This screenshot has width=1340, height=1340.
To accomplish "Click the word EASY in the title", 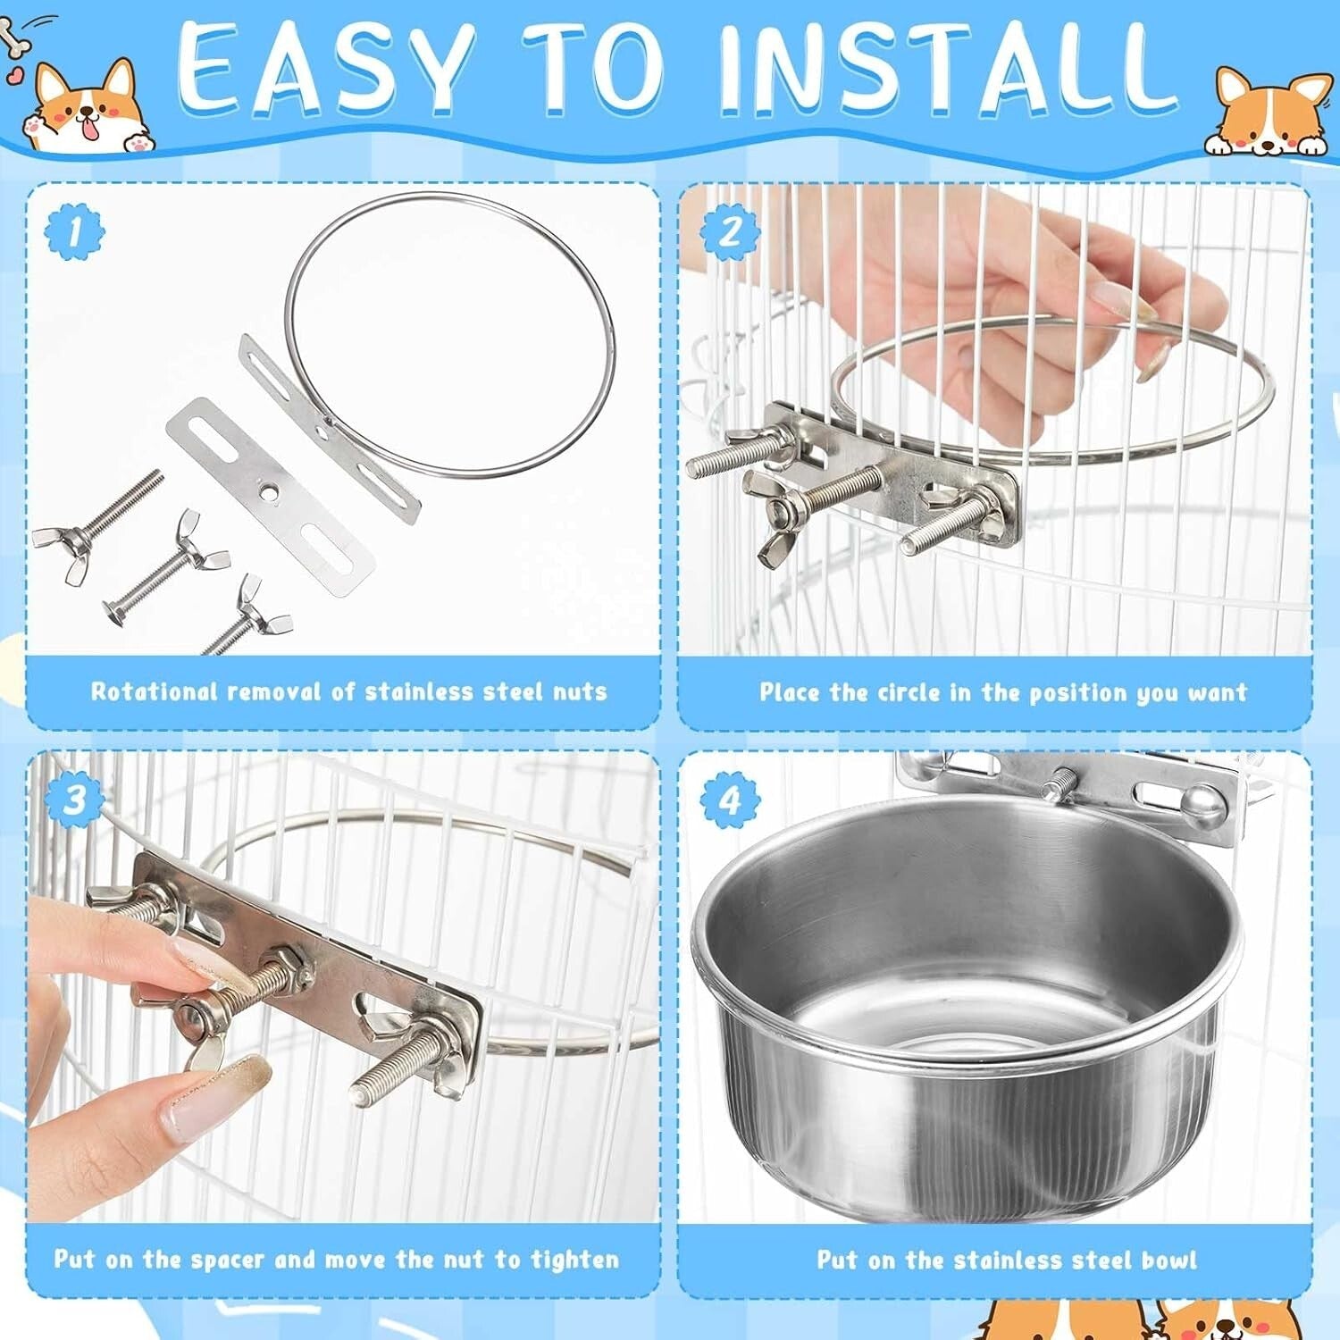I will click(326, 70).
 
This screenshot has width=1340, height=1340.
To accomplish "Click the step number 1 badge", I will click(74, 231).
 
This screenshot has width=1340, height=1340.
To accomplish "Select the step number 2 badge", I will click(730, 231).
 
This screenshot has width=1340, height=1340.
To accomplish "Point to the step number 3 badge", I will click(74, 798).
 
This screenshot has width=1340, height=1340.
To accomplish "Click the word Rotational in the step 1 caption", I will click(155, 691).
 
